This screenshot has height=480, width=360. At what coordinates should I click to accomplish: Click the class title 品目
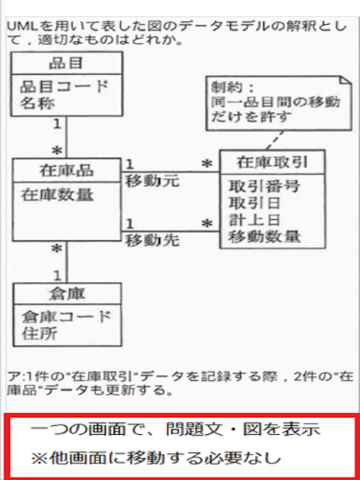point(66,63)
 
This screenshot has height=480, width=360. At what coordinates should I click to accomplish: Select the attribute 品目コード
point(64,87)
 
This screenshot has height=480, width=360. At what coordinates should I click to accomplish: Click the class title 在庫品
point(67,170)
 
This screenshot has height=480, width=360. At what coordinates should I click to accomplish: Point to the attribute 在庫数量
point(57,195)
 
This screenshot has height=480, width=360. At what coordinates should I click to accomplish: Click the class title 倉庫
point(67,294)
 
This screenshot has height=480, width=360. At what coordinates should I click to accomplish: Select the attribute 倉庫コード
point(66,316)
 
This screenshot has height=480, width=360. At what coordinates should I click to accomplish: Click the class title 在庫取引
point(272,163)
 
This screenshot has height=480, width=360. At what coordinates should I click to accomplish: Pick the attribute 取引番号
point(264,186)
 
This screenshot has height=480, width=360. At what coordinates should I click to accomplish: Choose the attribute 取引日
point(255,203)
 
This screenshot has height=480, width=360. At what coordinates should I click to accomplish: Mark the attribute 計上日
point(255,220)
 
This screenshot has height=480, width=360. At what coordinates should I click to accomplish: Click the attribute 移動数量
point(265,237)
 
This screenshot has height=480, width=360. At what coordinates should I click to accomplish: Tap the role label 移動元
point(151,181)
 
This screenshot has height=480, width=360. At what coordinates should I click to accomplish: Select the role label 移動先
point(152,241)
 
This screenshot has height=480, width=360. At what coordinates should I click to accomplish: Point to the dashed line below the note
point(274,140)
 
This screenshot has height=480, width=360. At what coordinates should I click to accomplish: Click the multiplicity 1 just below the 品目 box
point(57,124)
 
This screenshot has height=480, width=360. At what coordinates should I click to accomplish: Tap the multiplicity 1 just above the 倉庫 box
point(58,276)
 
